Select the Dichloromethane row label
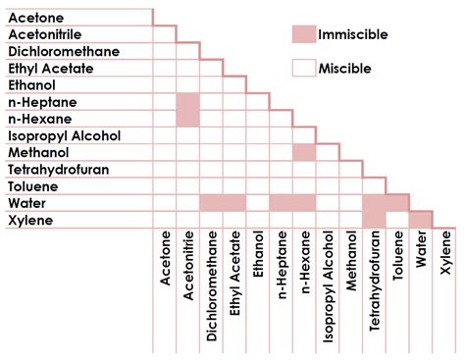click(x=64, y=51)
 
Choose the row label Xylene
click(x=31, y=221)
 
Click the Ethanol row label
click(x=34, y=85)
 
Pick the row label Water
click(x=28, y=203)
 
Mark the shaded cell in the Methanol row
click(x=304, y=152)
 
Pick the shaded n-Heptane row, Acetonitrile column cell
click(x=187, y=102)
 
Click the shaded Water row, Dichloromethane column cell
click(x=211, y=203)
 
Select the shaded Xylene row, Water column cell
click(x=420, y=219)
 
